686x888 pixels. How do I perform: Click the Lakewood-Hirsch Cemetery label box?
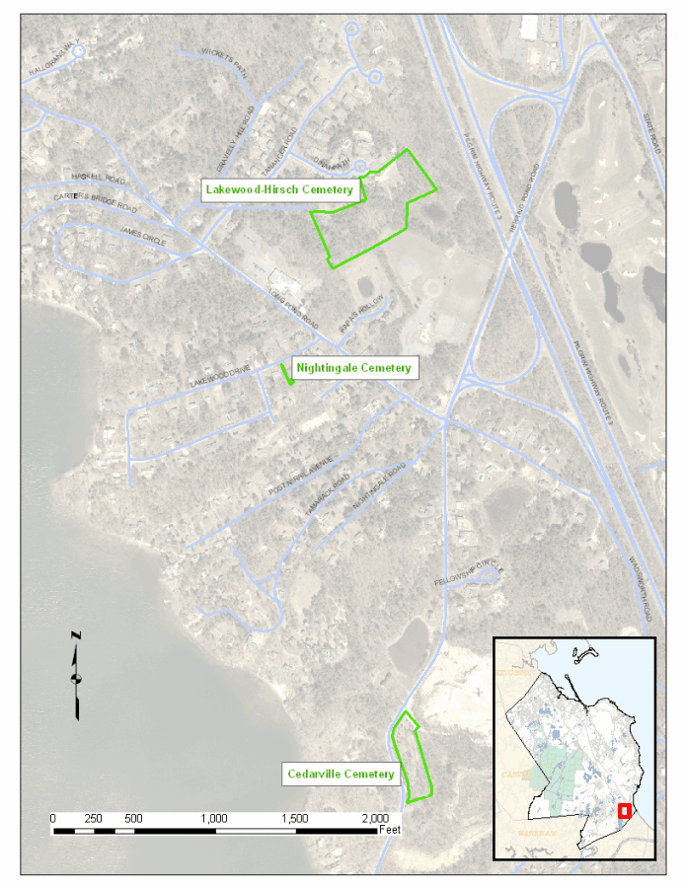pyautogui.click(x=280, y=189)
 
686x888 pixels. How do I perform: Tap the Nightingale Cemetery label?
pyautogui.click(x=353, y=368)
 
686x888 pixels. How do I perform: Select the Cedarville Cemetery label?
pyautogui.click(x=341, y=774)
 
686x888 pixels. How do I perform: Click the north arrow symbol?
pyautogui.click(x=76, y=674)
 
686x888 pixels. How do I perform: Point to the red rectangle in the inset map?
pyautogui.click(x=624, y=811)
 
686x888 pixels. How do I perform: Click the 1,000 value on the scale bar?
pyautogui.click(x=214, y=819)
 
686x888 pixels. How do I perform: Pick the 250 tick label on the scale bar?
pyautogui.click(x=93, y=819)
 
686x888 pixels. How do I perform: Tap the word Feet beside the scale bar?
pyautogui.click(x=390, y=830)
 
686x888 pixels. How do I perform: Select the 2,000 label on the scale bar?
pyautogui.click(x=375, y=819)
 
